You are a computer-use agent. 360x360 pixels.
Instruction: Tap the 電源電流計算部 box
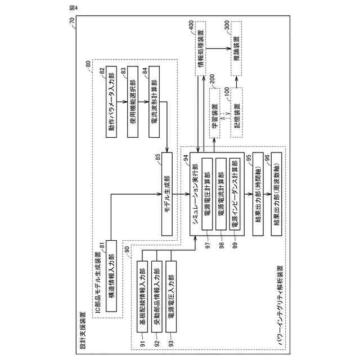pyautogui.click(x=222, y=193)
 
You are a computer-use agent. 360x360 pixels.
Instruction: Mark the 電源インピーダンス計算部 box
pyautogui.click(x=236, y=193)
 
